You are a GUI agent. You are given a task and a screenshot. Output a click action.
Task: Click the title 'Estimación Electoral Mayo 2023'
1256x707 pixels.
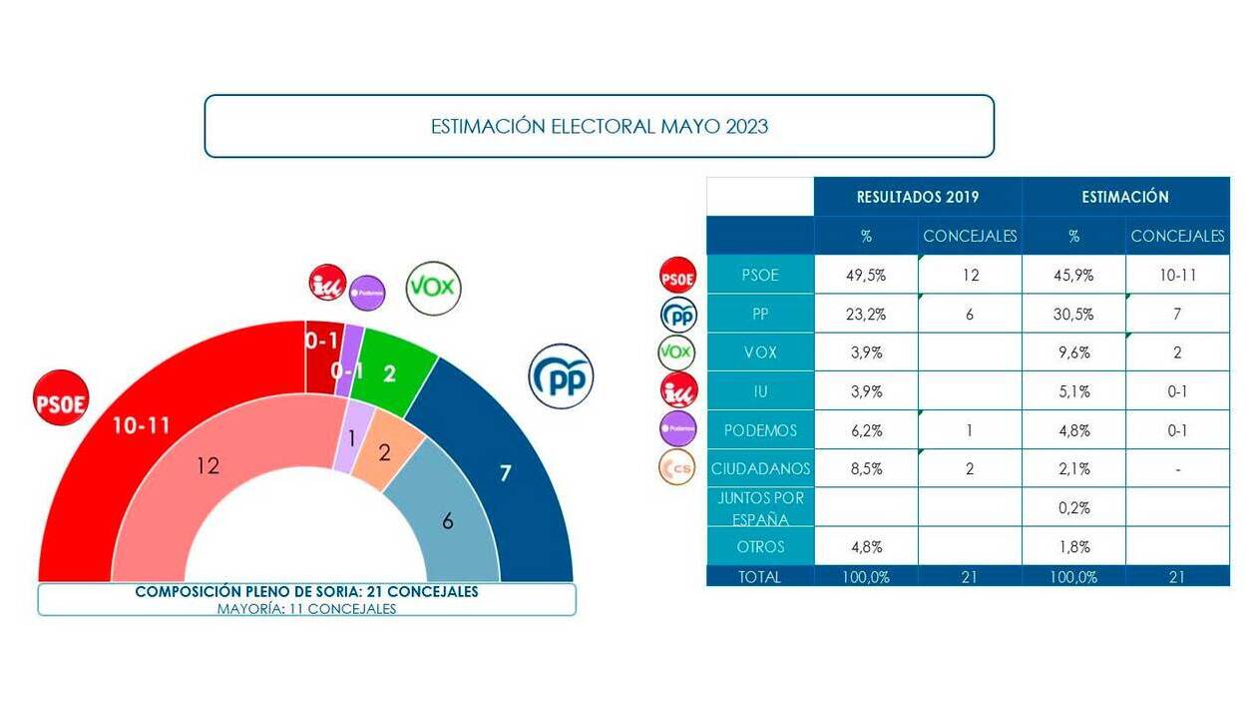[599, 127]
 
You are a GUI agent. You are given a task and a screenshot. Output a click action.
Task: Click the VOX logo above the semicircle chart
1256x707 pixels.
[433, 289]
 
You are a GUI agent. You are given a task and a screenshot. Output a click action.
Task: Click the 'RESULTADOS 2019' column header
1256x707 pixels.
[918, 197]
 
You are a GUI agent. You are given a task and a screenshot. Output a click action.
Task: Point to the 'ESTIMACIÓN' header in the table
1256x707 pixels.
[1125, 197]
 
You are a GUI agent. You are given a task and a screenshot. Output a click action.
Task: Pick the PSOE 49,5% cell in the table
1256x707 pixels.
[866, 276]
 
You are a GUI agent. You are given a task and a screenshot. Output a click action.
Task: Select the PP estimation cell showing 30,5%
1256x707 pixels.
[1073, 314]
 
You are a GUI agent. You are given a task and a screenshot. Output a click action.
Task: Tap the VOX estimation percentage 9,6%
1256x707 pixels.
[1073, 353]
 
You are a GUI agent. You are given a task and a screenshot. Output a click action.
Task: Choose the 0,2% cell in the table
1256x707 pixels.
[1073, 507]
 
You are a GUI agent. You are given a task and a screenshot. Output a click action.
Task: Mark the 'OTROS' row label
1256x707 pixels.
[761, 546]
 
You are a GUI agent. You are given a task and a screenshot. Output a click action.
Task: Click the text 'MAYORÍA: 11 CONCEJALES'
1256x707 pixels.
[306, 608]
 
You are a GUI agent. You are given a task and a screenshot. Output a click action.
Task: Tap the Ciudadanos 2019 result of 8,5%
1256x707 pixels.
[866, 468]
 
